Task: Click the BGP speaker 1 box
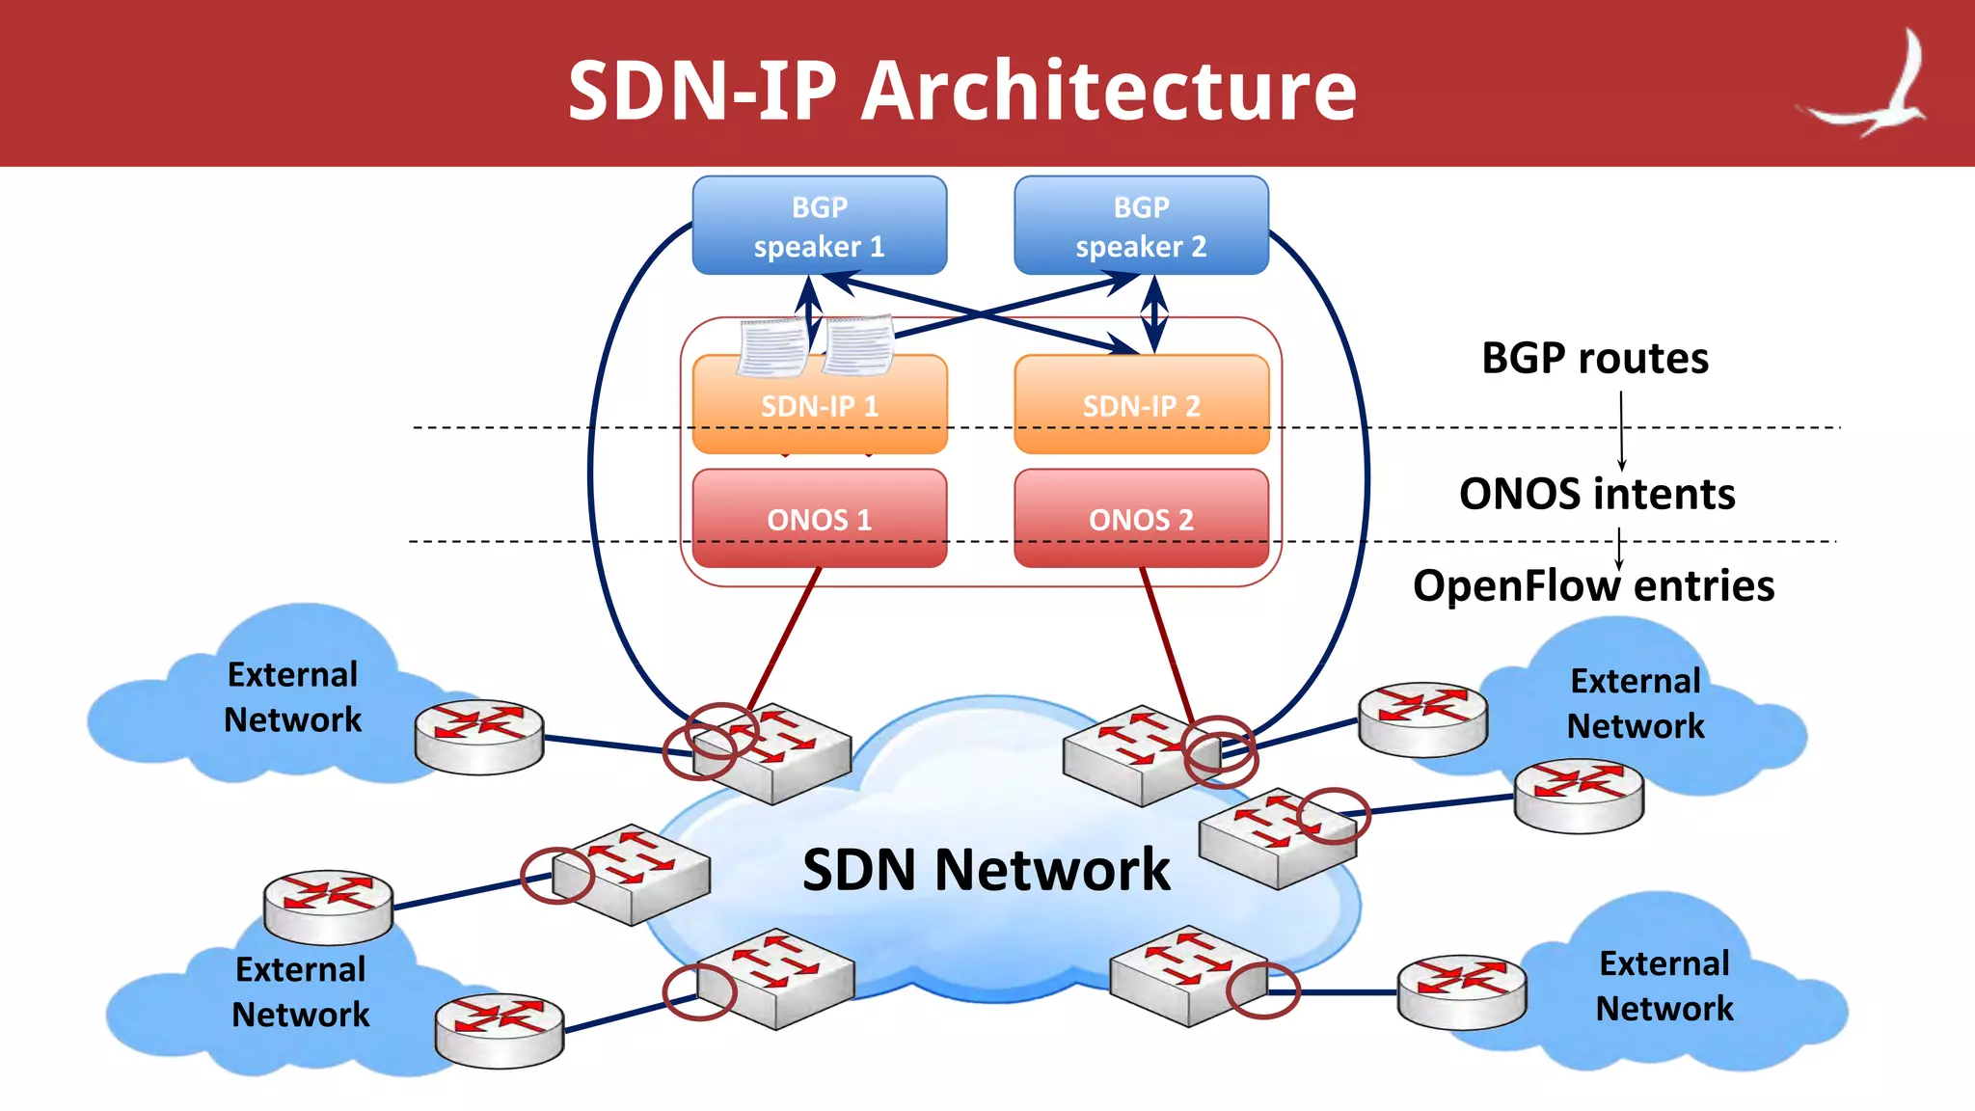[x=819, y=226]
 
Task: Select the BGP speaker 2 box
[x=1141, y=226]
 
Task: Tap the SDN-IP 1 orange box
[x=819, y=405]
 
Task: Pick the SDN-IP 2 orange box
[x=1141, y=405]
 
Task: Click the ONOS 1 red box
[x=819, y=519]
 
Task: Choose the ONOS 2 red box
[x=1141, y=519]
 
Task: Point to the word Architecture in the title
[x=1108, y=91]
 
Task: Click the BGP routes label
[x=1594, y=359]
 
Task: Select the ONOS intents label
[x=1596, y=494]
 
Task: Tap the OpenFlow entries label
[x=1592, y=585]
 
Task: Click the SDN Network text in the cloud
[x=986, y=869]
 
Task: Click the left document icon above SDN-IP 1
[x=771, y=347]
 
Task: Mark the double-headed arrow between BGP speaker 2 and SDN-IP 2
[x=1154, y=314]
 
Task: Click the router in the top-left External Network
[x=479, y=735]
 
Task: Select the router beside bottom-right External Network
[x=1462, y=991]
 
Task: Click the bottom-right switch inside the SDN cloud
[x=1186, y=976]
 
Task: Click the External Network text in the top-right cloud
[x=1635, y=703]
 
